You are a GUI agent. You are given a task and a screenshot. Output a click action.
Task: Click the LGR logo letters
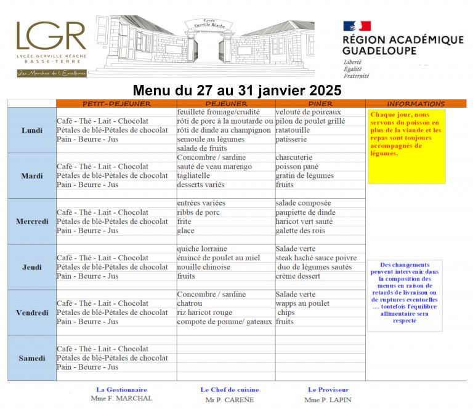point(51,37)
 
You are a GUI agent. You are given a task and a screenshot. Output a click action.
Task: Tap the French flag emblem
point(357,26)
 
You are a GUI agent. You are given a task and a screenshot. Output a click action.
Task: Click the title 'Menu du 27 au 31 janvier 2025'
point(236,90)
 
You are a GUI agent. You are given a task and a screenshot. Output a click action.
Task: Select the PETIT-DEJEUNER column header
point(116,103)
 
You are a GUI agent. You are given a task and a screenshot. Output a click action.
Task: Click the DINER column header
point(320,103)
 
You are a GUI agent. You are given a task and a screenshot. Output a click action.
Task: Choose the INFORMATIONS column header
point(416,103)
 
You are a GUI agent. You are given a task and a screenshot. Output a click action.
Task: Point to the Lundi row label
point(32,130)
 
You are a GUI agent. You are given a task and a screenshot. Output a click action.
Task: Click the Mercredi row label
point(32,221)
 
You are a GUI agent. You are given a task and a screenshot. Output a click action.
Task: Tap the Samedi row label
point(32,358)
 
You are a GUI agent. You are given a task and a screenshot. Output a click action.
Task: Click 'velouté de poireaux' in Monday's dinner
point(308,112)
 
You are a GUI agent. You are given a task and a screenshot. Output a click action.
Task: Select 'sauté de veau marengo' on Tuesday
point(214,167)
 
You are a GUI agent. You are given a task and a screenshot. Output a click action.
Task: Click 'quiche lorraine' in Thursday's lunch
point(202,249)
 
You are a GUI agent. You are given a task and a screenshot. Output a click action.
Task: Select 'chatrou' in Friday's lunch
point(190,303)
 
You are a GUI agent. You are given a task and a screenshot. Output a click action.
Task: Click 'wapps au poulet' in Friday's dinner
point(302,303)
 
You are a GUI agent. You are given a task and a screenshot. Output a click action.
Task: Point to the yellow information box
point(406,146)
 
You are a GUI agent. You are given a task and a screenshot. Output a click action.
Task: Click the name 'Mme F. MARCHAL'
point(121,399)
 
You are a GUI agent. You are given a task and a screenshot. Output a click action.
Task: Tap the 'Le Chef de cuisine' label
point(230,389)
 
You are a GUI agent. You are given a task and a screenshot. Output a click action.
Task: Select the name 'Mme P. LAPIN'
point(328,399)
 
